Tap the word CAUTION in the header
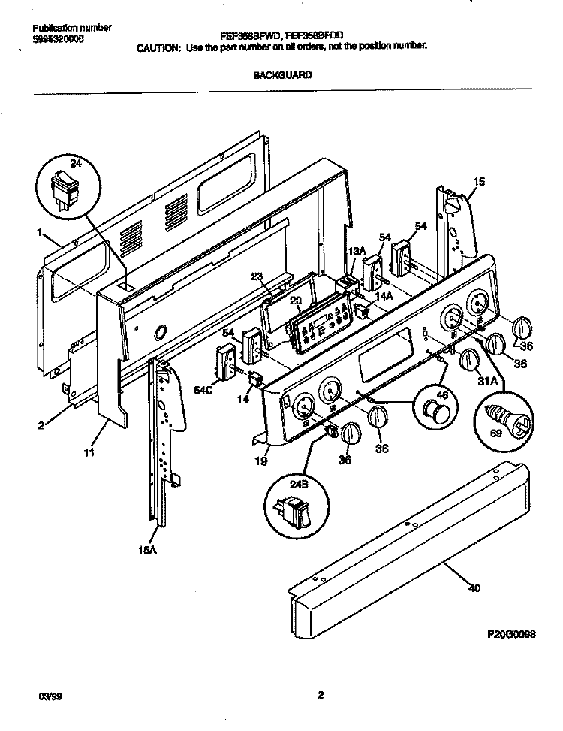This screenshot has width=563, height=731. coord(158,46)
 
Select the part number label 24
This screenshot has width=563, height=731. coord(75,163)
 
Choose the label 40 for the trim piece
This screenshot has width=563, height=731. coord(473,588)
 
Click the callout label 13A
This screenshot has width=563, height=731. coord(356,252)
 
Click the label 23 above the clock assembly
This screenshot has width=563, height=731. coord(257,277)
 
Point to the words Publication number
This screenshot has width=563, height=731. coord(72,27)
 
